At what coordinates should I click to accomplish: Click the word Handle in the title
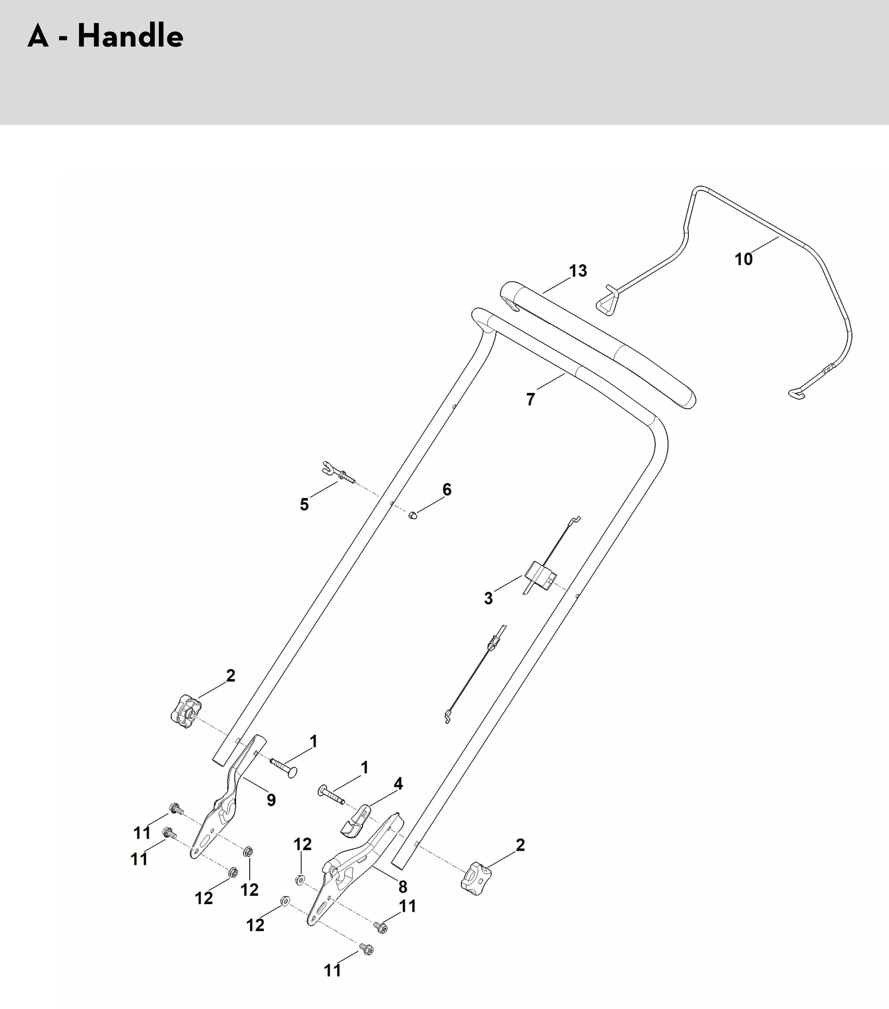pyautogui.click(x=130, y=36)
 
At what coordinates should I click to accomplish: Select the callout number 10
pyautogui.click(x=743, y=259)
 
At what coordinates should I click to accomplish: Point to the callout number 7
pyautogui.click(x=530, y=399)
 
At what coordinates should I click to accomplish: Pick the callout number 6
pyautogui.click(x=446, y=489)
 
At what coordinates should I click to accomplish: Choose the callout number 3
pyautogui.click(x=488, y=598)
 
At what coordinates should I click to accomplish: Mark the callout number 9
pyautogui.click(x=271, y=800)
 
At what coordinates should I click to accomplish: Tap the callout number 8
pyautogui.click(x=402, y=887)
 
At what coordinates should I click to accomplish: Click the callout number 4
pyautogui.click(x=398, y=784)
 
